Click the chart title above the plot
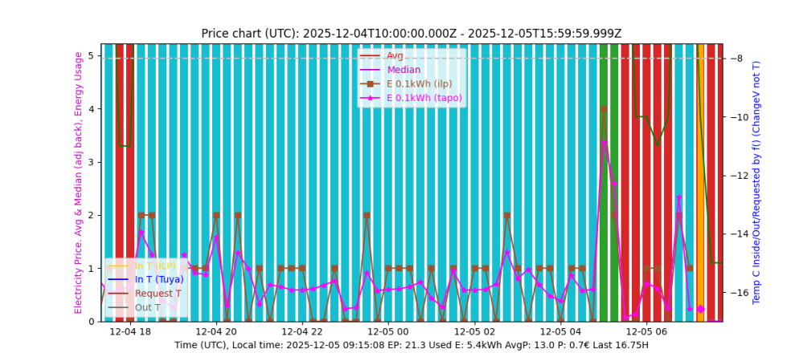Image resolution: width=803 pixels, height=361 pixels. [411, 33]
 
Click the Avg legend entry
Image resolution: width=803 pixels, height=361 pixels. [395, 56]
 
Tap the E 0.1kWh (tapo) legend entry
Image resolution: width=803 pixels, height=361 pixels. [424, 98]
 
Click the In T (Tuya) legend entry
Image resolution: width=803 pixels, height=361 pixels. [159, 279]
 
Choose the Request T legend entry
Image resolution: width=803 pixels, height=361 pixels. [158, 293]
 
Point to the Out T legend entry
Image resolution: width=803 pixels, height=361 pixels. [148, 307]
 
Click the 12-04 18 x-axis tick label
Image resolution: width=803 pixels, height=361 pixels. [130, 331]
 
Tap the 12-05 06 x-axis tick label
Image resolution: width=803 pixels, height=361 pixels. [646, 331]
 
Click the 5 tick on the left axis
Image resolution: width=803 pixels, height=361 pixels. [92, 56]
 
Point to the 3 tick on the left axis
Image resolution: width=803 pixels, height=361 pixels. [92, 162]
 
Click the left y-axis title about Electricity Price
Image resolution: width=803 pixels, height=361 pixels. [79, 182]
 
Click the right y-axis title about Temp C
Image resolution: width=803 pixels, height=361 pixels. [756, 182]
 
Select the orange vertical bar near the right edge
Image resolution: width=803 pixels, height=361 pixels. [700, 182]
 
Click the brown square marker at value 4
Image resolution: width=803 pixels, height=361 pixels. [604, 109]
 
